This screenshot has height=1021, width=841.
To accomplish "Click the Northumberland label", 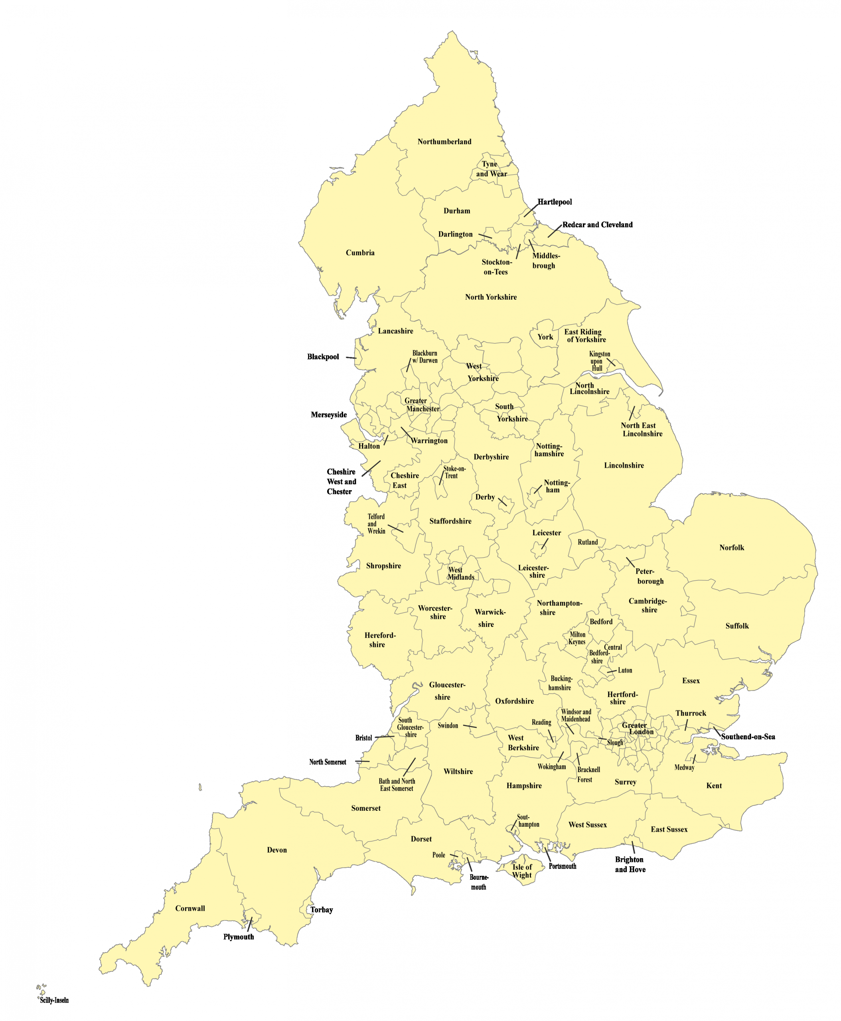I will [x=444, y=142].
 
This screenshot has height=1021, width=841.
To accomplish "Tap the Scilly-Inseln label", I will [x=54, y=1000].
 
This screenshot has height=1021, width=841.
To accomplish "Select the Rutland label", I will [x=588, y=542].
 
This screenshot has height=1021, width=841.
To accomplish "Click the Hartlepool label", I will [x=555, y=201].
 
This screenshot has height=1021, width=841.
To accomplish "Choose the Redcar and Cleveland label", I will [x=597, y=224].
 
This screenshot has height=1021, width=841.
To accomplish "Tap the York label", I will [x=545, y=337].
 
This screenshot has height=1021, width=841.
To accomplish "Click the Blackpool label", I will [x=323, y=357].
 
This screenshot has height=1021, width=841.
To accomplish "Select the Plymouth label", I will [x=238, y=937].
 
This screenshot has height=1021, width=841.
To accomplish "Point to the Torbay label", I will [x=322, y=910].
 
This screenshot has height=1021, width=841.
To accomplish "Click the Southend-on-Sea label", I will [x=748, y=736].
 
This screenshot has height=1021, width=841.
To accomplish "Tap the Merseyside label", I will [x=328, y=415].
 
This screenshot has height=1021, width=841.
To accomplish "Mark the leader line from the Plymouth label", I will [x=249, y=924].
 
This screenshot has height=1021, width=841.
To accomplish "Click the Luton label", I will [x=625, y=670].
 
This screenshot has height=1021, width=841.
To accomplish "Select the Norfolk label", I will [x=732, y=547].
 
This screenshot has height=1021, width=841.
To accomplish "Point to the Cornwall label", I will [x=190, y=908].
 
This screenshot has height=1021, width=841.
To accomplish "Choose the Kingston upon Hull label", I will [x=599, y=361].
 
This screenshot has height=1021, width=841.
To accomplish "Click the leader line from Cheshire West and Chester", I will [x=371, y=468].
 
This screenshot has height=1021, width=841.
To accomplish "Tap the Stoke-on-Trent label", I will [x=454, y=472].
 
